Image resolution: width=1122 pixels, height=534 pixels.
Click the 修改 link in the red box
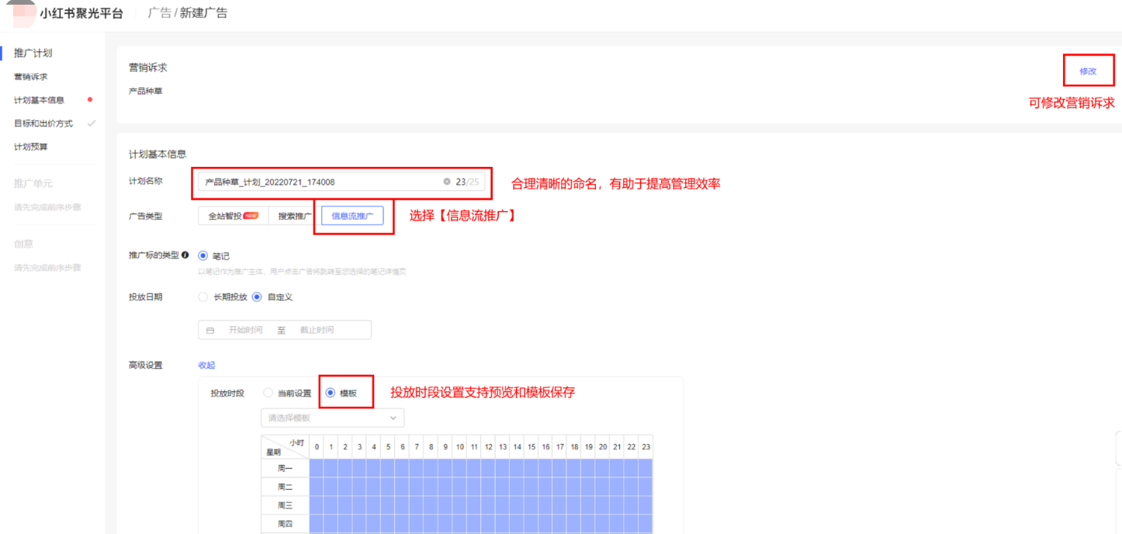coord(1088,71)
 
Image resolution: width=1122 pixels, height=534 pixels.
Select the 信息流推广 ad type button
coord(352,216)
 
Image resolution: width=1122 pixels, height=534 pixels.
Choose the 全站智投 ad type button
coord(233,216)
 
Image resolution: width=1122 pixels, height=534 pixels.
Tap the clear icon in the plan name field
coord(446,182)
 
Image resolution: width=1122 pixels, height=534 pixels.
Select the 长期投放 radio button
coord(203,296)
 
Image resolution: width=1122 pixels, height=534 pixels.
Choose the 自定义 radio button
coord(257,296)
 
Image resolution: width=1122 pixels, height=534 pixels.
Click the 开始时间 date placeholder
coord(245,330)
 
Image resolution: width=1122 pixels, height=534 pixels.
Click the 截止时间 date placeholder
coord(317,330)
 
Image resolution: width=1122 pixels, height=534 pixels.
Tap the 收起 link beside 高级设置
coord(206,365)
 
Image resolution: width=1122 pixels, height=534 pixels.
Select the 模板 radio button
coord(331,394)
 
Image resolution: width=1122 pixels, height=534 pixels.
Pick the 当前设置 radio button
coord(268,394)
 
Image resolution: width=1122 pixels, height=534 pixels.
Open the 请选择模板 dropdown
coord(332,418)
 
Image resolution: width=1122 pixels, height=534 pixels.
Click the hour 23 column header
coord(646,447)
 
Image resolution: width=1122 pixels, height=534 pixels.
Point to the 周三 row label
coord(285,505)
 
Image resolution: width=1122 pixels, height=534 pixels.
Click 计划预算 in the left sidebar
coord(31,147)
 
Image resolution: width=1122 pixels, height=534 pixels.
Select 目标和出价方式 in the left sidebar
coord(43,123)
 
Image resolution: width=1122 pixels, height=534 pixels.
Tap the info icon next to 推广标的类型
coord(185,255)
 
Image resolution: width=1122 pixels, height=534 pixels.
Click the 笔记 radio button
coord(203,255)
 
